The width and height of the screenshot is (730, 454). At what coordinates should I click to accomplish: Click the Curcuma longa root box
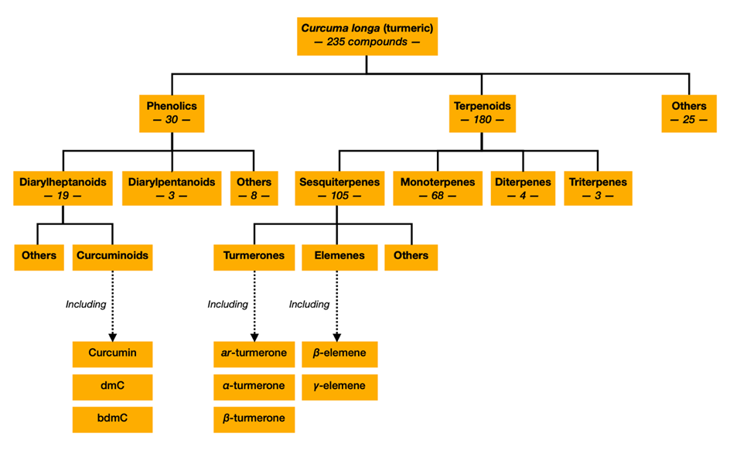coord(367,35)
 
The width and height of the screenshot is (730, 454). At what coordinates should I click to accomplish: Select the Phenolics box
coord(172,113)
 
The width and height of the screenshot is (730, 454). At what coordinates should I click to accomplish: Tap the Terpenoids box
coord(481,113)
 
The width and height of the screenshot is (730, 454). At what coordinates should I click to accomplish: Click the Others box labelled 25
coord(688,113)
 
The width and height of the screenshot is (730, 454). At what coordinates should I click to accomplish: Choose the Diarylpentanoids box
coord(172,189)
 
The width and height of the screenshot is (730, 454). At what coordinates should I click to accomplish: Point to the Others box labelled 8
coord(254,189)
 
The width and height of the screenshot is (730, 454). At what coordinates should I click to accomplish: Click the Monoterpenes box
coord(437,189)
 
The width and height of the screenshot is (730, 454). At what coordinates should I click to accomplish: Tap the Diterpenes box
coord(523,189)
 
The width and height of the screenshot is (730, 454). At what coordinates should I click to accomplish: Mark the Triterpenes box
coord(598,189)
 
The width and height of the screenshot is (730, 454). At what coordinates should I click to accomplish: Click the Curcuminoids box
coord(113,255)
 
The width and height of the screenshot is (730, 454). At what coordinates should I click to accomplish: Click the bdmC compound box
coord(112,418)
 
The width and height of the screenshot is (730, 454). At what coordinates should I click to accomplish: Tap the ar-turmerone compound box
coord(254,353)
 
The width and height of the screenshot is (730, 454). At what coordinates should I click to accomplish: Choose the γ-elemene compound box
coord(339,386)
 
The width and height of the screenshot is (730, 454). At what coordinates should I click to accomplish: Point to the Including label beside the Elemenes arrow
coord(309,304)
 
